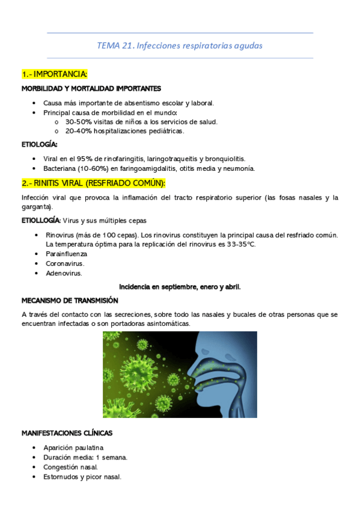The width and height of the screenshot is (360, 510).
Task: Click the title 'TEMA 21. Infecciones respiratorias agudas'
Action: click(x=180, y=45)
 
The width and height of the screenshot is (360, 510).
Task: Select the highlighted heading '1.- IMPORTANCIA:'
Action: click(x=55, y=74)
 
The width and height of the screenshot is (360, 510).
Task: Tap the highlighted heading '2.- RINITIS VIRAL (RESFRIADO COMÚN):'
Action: click(x=93, y=183)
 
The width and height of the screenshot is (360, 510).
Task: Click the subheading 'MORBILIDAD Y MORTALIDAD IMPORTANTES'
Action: click(x=91, y=88)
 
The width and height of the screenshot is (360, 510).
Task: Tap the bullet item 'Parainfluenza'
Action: click(x=66, y=254)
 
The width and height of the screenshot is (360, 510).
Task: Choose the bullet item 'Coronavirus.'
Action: click(x=65, y=263)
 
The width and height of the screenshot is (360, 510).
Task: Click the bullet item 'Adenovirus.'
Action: click(x=64, y=273)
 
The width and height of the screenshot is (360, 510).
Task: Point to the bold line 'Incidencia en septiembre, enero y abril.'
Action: click(x=180, y=287)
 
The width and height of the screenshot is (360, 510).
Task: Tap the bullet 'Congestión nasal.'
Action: click(x=70, y=467)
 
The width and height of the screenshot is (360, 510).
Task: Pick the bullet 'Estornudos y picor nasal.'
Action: click(x=82, y=477)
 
